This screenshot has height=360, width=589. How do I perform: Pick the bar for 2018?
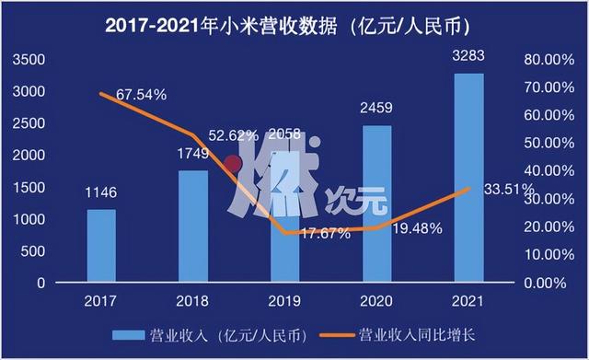pos(193,226)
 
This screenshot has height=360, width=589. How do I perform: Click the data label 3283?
pos(468,61)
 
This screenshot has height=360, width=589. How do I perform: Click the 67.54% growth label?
pos(140,94)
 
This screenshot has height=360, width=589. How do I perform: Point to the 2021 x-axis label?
pos(468,301)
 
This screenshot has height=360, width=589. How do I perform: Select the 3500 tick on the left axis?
pos(29,60)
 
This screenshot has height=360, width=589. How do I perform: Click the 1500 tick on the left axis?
pos(29,188)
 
